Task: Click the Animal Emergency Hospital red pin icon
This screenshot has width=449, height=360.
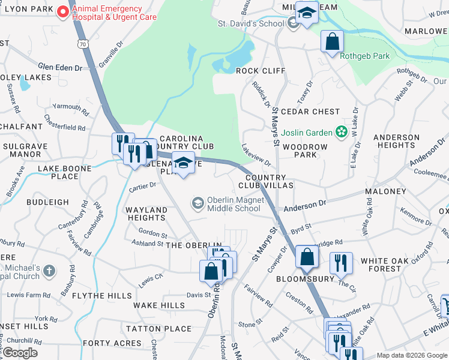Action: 62,13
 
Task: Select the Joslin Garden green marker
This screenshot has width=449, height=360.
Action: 342,131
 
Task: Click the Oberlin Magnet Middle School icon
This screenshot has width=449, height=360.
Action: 197,204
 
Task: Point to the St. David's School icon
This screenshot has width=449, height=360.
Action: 293,23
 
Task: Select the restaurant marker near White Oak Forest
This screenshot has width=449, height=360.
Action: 340,262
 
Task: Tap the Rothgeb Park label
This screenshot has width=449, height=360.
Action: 365,56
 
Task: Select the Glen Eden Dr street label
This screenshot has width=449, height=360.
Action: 59,68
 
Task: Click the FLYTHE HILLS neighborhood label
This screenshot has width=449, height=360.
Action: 101,296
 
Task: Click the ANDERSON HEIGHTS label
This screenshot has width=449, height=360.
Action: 396,141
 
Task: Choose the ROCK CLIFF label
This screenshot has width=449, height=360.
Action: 261,71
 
